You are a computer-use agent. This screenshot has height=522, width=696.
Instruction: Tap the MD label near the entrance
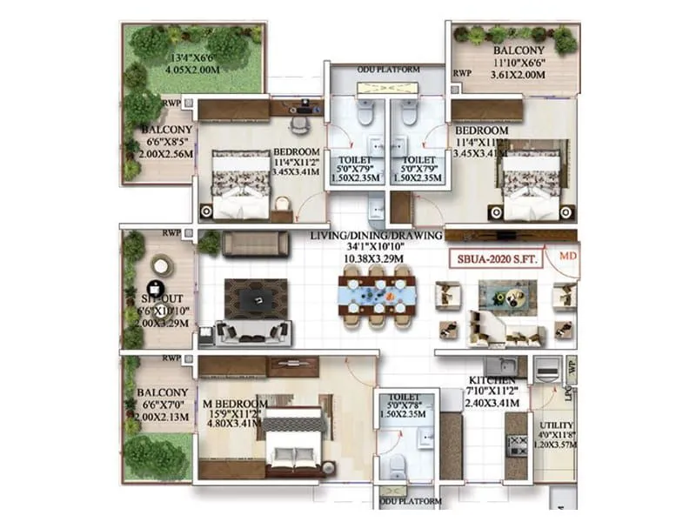coord(567,257)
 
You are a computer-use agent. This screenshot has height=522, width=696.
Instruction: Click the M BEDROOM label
coord(233,404)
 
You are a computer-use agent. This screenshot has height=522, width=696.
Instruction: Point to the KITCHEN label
coord(492,381)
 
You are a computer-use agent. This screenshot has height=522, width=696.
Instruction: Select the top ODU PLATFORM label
coord(389,69)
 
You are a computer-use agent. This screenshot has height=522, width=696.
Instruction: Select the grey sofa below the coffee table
coord(255,332)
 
